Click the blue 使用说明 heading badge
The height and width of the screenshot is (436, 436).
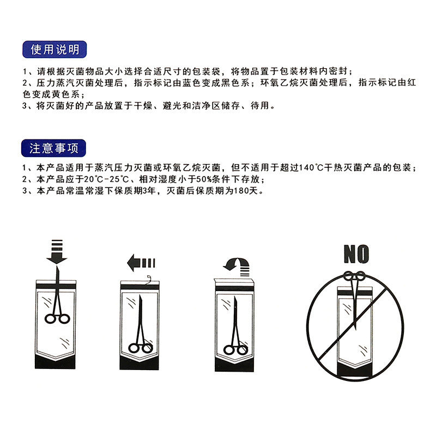[55, 50]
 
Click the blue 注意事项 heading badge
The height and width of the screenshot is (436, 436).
[55, 147]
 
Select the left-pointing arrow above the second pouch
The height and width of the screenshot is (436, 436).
[140, 264]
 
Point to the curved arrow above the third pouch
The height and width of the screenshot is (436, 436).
[236, 264]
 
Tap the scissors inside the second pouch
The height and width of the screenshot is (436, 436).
[141, 327]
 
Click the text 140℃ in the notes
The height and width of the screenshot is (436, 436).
[307, 167]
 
